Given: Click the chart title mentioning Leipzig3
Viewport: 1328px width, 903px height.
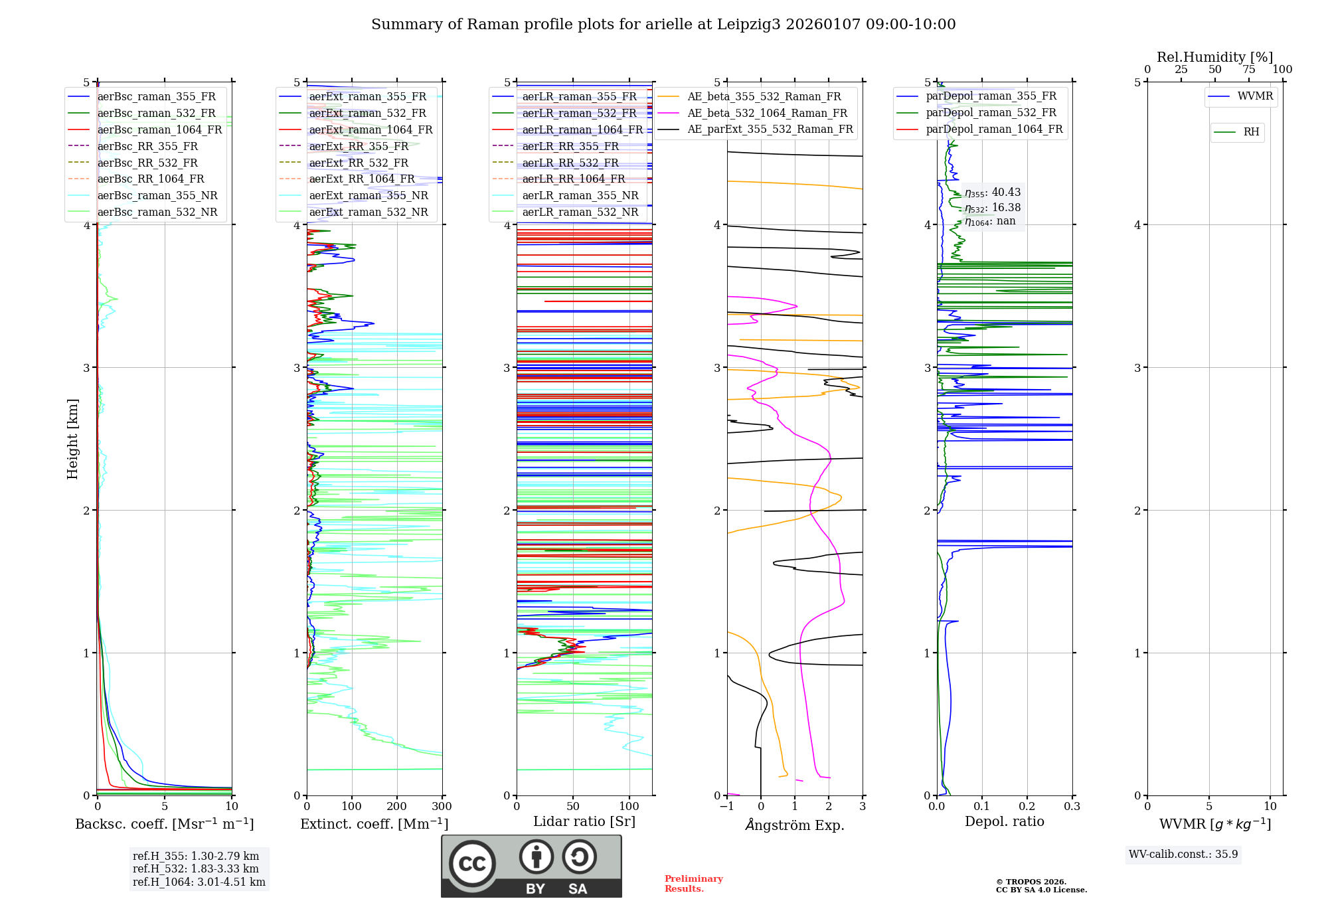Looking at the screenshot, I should [663, 25].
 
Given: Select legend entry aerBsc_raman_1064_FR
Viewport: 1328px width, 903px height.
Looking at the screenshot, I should [159, 129].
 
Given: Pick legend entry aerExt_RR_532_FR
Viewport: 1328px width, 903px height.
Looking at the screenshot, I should [359, 163].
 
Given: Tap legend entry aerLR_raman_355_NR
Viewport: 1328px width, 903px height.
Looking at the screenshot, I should [580, 195].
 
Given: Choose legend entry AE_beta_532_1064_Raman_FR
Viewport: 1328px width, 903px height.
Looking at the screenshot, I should [767, 113].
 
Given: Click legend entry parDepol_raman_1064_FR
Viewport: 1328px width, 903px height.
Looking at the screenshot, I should [994, 129].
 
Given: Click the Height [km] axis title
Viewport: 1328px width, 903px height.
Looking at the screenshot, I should [72, 439].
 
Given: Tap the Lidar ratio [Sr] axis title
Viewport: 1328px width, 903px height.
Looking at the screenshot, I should [584, 821].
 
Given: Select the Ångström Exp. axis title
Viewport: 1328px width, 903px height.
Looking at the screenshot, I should [795, 825].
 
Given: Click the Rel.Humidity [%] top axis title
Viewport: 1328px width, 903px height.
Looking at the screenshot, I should [1214, 57].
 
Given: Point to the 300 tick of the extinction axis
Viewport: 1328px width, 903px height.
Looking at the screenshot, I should [442, 807].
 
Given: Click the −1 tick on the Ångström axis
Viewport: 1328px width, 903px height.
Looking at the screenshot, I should [726, 807].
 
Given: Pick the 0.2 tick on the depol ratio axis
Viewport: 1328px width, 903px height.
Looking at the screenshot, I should [1027, 807].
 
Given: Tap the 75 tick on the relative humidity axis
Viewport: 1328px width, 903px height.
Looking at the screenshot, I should [1248, 70].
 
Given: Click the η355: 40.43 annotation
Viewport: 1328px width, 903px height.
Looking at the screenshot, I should [993, 193].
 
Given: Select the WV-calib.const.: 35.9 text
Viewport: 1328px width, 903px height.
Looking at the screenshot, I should [1183, 855].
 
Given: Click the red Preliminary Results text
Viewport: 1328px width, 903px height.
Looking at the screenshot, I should [693, 884].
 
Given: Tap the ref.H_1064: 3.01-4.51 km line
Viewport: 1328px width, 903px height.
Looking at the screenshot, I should [199, 882].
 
